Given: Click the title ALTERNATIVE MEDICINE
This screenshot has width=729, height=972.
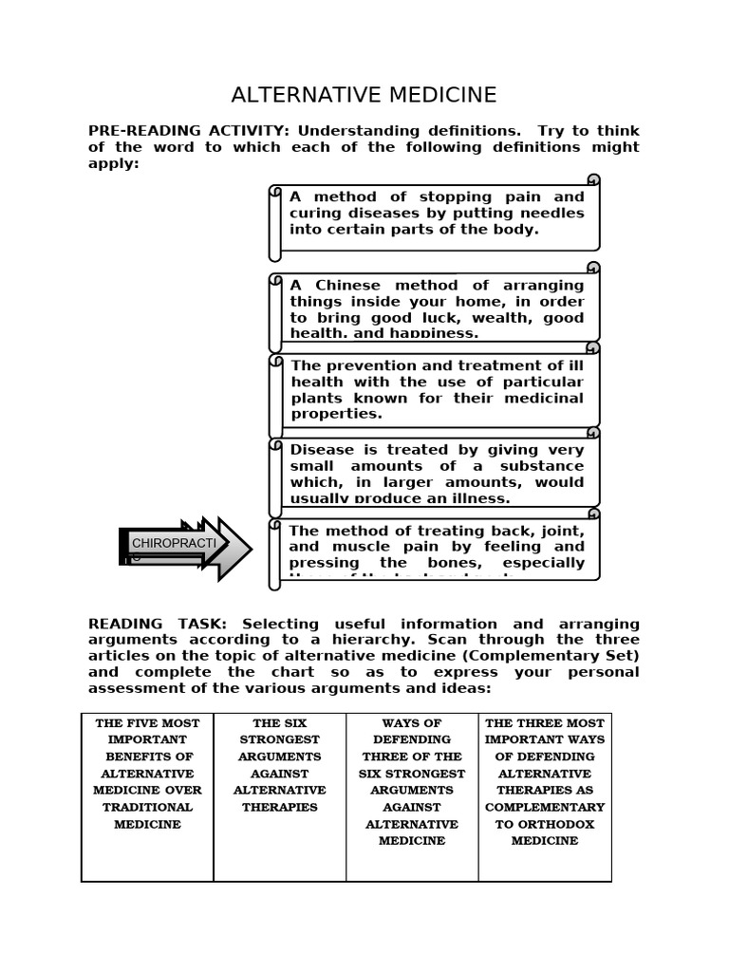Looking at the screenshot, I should click(x=364, y=95).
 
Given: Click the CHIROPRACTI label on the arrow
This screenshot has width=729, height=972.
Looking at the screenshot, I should click(x=174, y=543).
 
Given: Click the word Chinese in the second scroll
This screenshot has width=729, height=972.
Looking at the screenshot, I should click(x=348, y=285).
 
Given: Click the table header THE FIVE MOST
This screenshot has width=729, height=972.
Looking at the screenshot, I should click(x=147, y=723).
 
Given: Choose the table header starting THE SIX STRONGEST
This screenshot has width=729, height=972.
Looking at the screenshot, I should click(x=279, y=732).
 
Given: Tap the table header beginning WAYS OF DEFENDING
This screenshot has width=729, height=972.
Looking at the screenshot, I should click(x=412, y=732).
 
